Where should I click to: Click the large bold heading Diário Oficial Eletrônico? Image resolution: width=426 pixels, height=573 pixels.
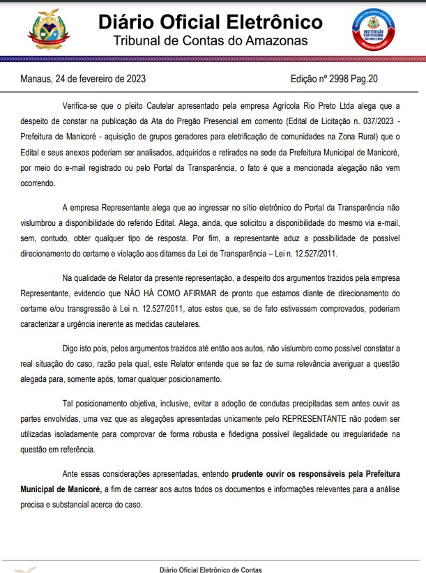click(x=210, y=23)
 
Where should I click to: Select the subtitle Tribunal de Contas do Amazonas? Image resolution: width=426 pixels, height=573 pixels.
click(x=210, y=41)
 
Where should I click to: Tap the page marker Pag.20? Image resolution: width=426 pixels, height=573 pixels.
click(x=365, y=79)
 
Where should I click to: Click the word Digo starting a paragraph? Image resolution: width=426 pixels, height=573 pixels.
click(x=73, y=348)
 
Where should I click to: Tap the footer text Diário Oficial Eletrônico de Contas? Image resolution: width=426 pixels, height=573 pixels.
click(x=211, y=569)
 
